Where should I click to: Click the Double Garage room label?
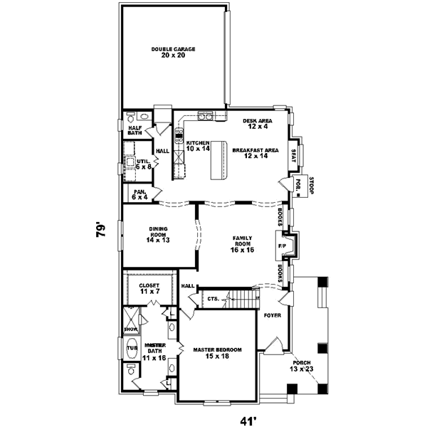[x=173, y=52]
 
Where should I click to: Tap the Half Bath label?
[x=135, y=130]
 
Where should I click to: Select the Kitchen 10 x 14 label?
[x=198, y=146]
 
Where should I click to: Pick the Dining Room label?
[x=157, y=234]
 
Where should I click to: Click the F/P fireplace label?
[x=282, y=246]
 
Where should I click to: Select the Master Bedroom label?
[x=218, y=353]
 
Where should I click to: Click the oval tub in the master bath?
[x=133, y=348]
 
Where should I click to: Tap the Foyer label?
[x=273, y=314]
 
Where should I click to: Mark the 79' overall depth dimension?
[x=101, y=231]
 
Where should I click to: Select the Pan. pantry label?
[x=139, y=194]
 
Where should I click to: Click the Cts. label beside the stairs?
[x=212, y=300]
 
